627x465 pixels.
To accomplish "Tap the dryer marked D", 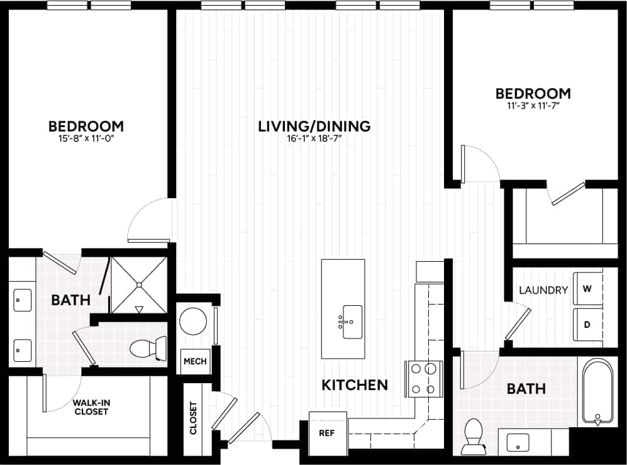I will [588, 324].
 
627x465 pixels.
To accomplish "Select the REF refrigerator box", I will [327, 433].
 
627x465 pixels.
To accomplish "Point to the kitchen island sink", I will [352, 322].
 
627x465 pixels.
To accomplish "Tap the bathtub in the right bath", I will [597, 391].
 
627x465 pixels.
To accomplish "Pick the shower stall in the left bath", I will [139, 284].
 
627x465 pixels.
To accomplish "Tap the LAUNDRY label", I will [543, 290].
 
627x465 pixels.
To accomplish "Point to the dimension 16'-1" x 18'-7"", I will [314, 139].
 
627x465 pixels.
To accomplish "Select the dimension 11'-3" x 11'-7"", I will [533, 106].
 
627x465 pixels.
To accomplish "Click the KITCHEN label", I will [354, 384].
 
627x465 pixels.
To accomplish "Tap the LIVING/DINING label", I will [314, 126].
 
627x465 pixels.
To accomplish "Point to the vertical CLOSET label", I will [193, 418].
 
